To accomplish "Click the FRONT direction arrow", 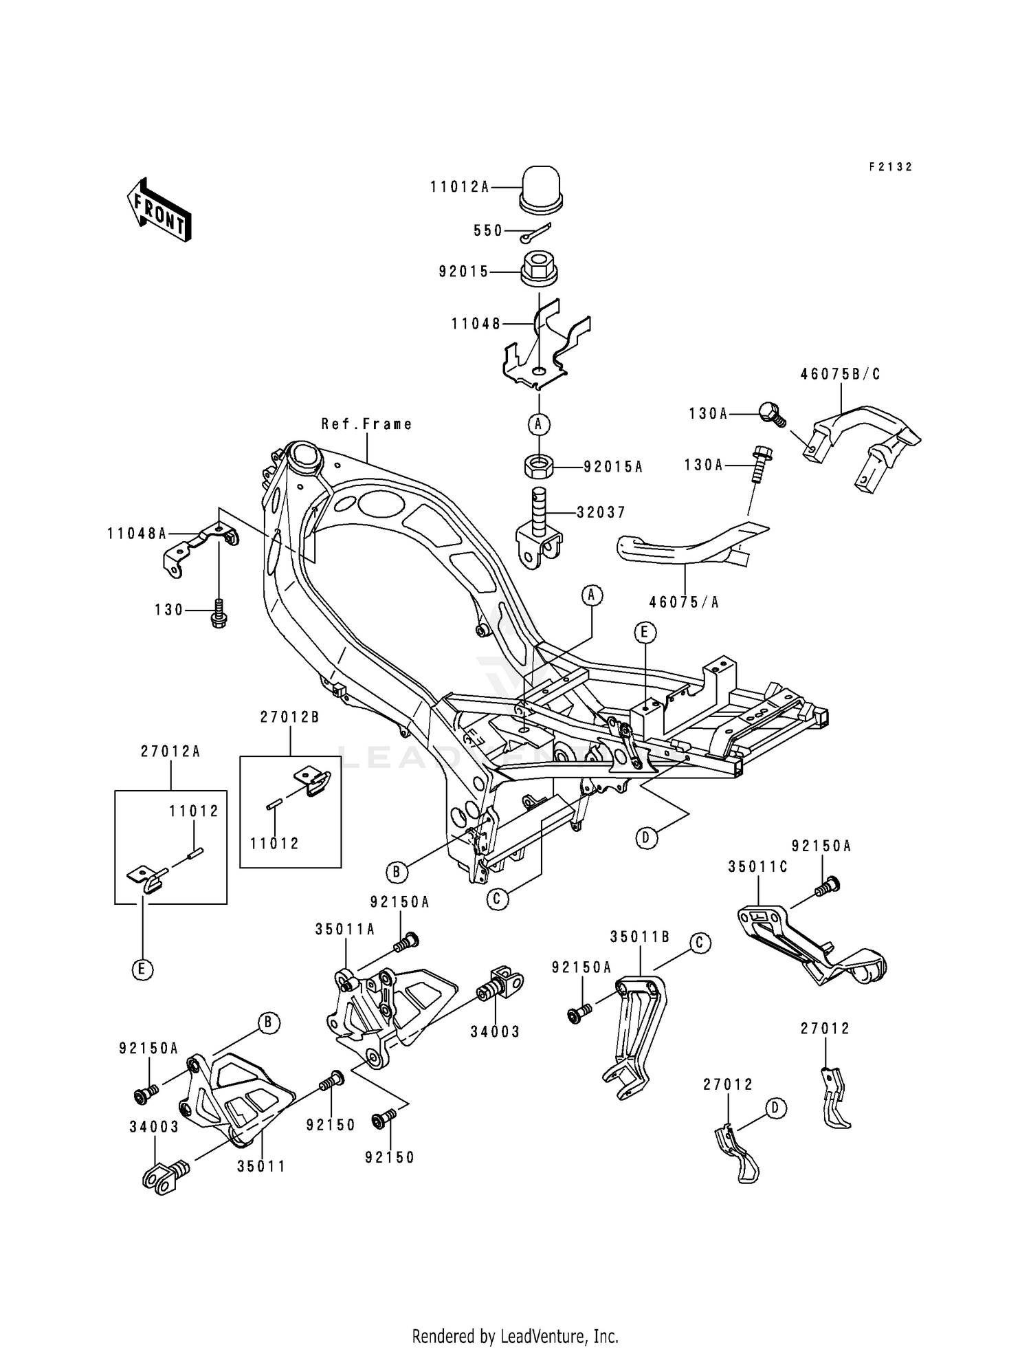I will click(158, 209).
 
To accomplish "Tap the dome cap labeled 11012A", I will click(540, 186).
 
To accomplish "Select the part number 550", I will click(488, 231).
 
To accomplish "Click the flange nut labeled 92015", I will click(539, 271).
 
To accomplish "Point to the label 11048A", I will click(137, 533).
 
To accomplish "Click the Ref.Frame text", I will click(367, 424).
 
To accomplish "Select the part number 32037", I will click(601, 512).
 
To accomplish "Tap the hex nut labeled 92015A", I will click(539, 467).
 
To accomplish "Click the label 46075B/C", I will click(840, 375).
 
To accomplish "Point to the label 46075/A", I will click(684, 602).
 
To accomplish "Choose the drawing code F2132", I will click(890, 167).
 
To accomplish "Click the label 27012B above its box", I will click(289, 717).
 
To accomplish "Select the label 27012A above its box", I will click(170, 752).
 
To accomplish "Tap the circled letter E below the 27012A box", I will click(142, 969).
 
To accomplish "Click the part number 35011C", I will click(757, 868).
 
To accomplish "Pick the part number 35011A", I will click(345, 930).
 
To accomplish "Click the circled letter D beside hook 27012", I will click(775, 1108).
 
